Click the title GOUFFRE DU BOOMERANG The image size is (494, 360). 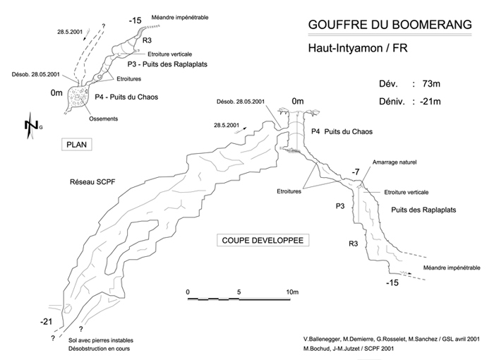point(390,25)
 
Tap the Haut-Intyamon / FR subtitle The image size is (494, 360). point(358,48)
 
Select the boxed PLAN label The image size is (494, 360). point(76,145)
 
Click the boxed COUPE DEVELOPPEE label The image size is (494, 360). point(263,241)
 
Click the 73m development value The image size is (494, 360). point(431,84)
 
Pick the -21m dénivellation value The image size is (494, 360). point(430,102)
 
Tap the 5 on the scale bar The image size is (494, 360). point(239,292)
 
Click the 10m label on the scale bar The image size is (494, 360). point(292,292)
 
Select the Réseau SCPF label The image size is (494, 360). point(92,182)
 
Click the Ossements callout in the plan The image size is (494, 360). point(103,119)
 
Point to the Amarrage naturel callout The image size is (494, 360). point(394,162)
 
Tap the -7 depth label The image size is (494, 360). point(356,172)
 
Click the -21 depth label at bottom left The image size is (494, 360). point(46,322)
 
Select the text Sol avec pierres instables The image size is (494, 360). point(101,340)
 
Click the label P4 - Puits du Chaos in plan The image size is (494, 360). point(126,97)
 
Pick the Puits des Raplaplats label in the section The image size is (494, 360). point(423,210)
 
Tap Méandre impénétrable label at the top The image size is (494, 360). point(180,18)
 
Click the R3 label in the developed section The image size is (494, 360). point(353,244)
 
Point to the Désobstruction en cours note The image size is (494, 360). point(99,349)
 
